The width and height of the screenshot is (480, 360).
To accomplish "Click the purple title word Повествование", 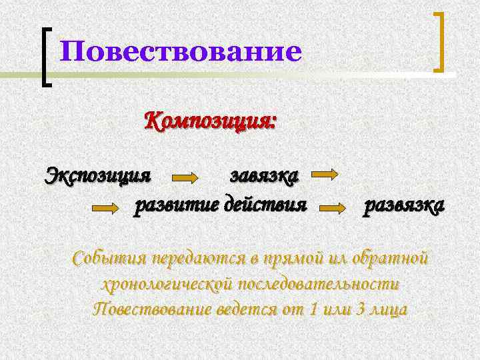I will pos(180,52).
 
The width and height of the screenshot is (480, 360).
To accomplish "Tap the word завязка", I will pos(264,175).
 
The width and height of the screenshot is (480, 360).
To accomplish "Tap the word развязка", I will pos(403,207).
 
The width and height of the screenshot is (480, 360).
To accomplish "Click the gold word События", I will pos(109,257).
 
